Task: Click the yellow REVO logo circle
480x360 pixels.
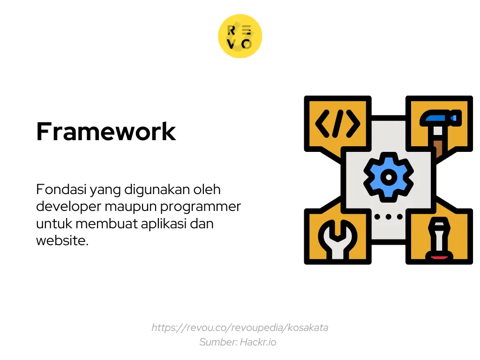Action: click(x=240, y=37)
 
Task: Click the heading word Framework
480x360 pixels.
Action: click(x=106, y=131)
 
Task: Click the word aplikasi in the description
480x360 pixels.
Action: click(x=164, y=224)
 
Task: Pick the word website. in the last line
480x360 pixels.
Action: click(x=62, y=240)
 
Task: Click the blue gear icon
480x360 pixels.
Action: click(x=389, y=176)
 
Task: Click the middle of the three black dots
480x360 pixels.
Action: click(x=389, y=217)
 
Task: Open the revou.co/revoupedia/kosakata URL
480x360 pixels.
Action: click(x=240, y=328)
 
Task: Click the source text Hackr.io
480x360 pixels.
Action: click(x=258, y=342)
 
